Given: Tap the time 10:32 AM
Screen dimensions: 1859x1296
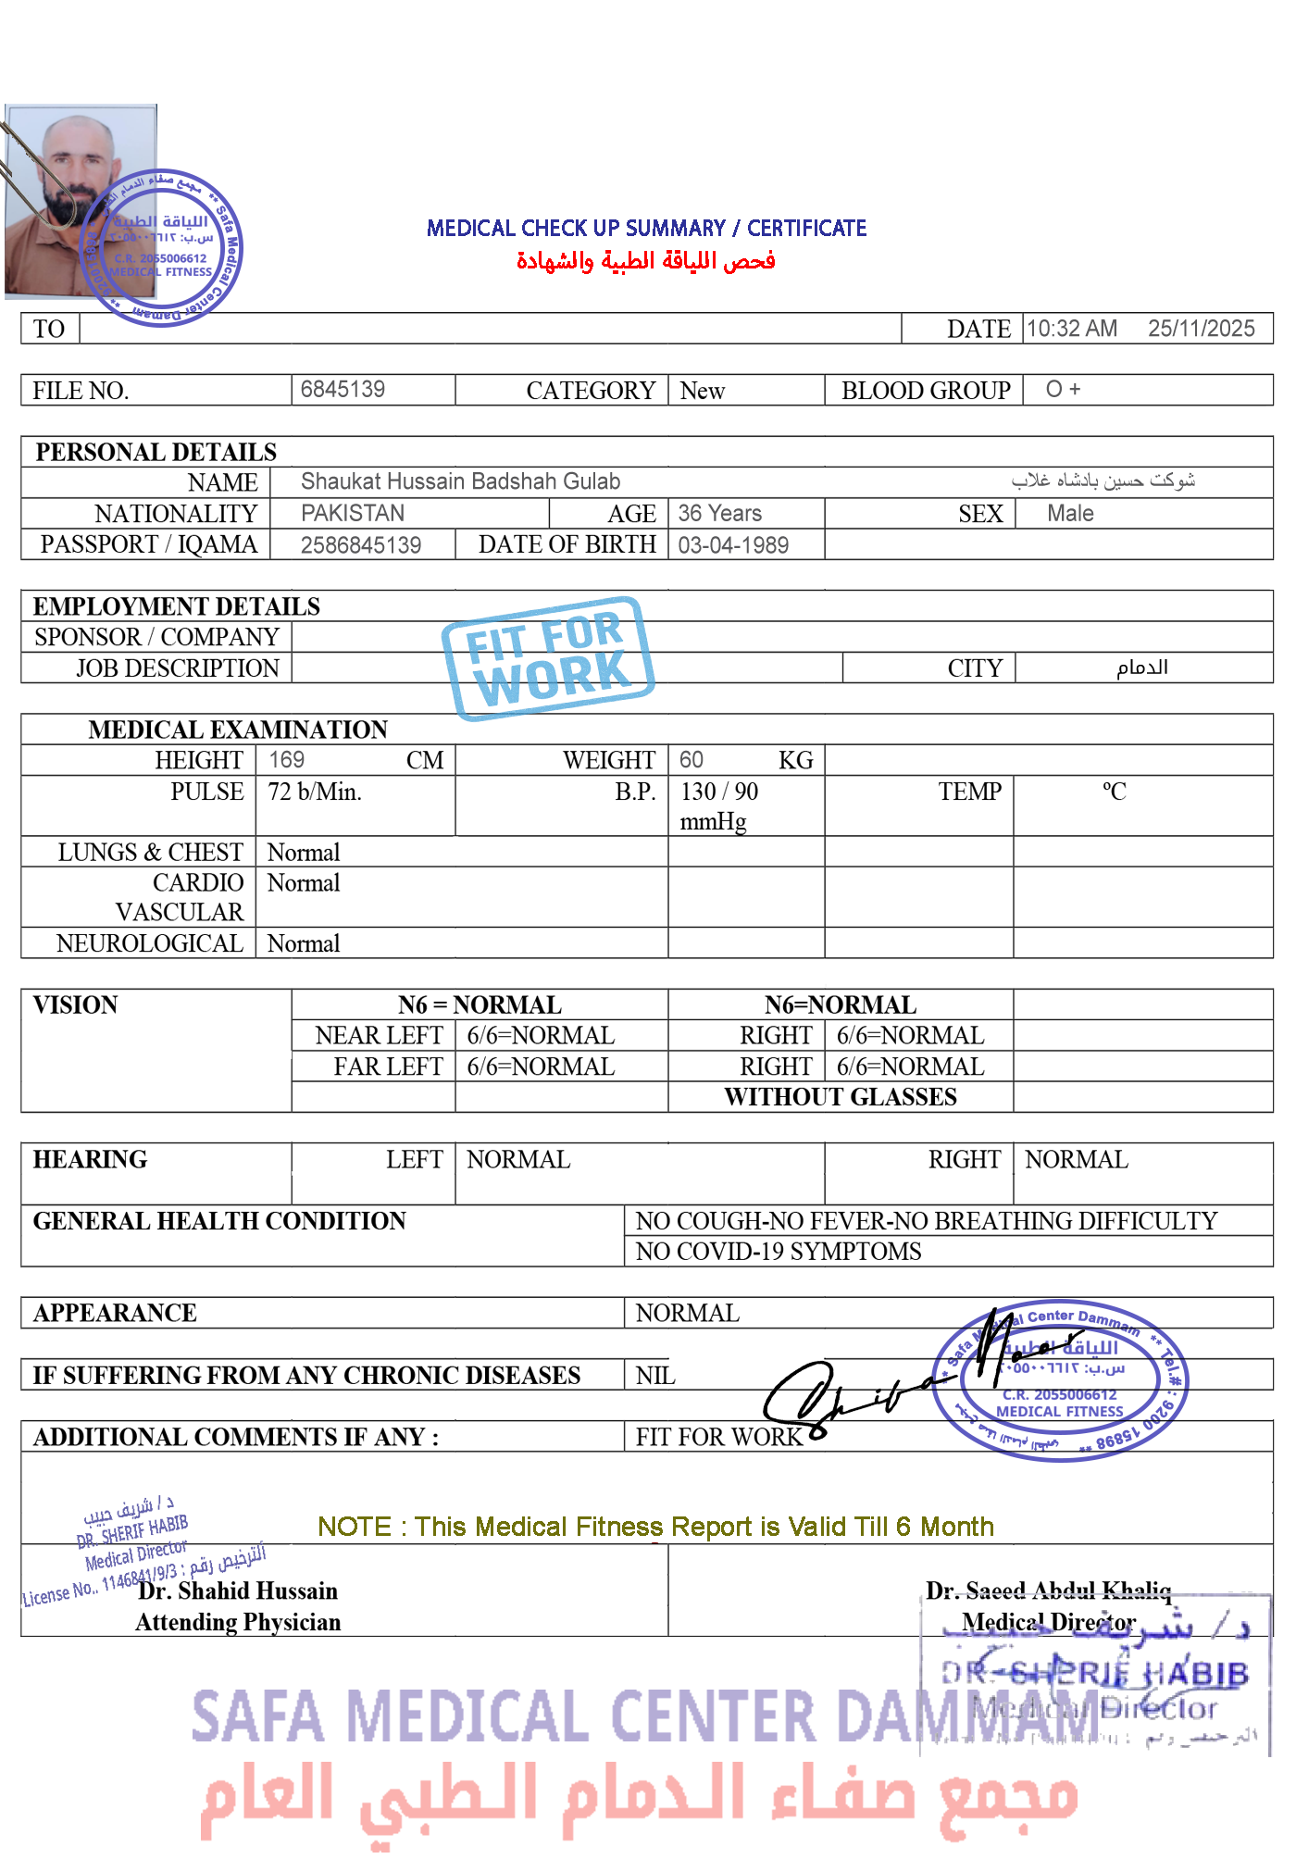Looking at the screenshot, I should click(1071, 329).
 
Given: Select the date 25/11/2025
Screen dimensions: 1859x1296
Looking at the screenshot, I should click(1201, 329).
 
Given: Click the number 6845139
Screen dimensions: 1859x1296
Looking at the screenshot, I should click(343, 389).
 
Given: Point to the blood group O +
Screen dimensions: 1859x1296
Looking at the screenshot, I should click(1063, 389).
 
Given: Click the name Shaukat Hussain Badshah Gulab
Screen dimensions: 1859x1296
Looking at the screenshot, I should click(460, 481).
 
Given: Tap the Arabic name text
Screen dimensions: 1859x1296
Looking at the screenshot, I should click(1103, 480).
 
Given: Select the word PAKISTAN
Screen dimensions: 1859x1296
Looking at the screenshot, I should click(353, 513).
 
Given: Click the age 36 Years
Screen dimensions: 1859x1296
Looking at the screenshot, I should click(719, 513).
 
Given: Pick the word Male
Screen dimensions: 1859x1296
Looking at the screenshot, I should click(1070, 513).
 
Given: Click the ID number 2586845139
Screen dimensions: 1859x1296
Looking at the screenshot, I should click(361, 545).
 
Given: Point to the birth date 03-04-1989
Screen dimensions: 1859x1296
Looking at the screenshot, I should click(733, 545).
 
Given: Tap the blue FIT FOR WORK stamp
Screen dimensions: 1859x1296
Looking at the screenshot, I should click(547, 658).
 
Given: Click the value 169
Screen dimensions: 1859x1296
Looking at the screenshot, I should click(286, 760).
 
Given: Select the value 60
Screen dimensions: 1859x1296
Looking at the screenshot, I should click(691, 760).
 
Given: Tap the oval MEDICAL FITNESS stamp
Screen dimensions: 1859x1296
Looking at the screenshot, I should click(1063, 1379).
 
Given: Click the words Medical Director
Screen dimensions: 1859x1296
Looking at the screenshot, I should click(1048, 1622).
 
